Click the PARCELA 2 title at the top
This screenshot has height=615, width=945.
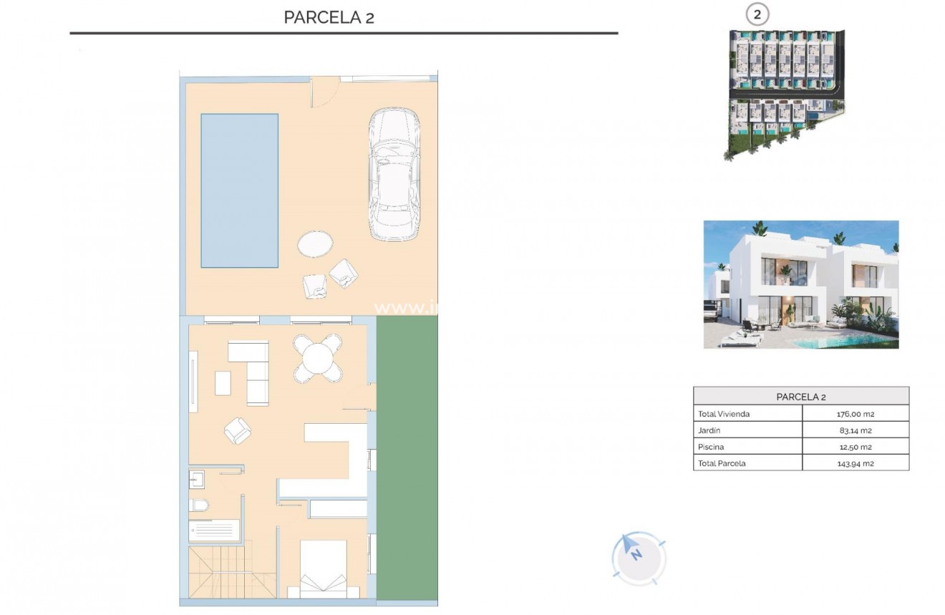point(329,17)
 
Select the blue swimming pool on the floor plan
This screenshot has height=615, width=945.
point(239,190)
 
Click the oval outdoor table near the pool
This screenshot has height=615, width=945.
point(315,244)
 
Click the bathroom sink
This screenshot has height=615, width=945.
point(196,478)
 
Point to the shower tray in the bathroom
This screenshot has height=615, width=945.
point(214,531)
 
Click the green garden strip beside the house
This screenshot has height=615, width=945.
point(407,458)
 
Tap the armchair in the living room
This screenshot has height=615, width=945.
point(238,430)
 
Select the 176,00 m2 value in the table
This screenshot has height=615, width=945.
point(856,414)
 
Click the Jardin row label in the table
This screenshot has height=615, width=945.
point(709,430)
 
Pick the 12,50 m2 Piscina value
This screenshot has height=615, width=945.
point(856,447)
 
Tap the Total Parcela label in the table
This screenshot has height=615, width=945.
point(722,463)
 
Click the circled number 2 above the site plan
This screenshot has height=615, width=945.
point(757,14)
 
